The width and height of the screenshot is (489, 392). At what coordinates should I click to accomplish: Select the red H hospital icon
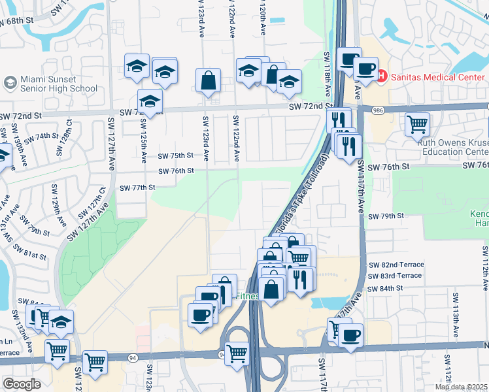pos(381,76)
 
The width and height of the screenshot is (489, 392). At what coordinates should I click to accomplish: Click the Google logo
pos(22,384)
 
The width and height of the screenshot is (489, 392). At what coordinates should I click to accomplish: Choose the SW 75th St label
pos(176,155)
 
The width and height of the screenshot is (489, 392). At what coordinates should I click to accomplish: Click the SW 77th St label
pos(137,187)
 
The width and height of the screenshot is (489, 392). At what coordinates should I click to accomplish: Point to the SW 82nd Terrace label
pos(396,265)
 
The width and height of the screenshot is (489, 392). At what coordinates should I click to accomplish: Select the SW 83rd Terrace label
pos(396,276)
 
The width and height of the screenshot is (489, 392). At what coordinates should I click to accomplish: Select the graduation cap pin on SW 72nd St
pos(150,102)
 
